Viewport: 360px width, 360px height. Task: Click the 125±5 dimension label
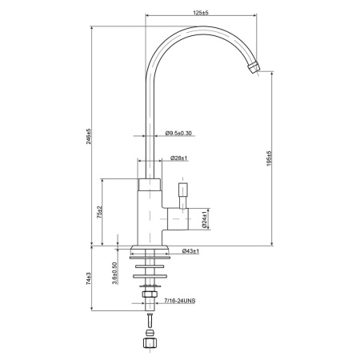click(x=200, y=13)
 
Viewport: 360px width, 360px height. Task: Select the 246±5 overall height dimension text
click(x=89, y=137)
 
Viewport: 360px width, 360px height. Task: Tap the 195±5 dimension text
click(x=269, y=158)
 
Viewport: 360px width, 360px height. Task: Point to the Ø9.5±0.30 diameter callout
click(x=178, y=133)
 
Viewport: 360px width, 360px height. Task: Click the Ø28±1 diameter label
click(x=178, y=158)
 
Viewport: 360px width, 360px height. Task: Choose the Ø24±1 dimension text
click(x=205, y=220)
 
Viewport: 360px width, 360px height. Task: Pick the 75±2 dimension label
click(x=99, y=212)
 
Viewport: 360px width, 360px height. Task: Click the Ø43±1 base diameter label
click(x=190, y=251)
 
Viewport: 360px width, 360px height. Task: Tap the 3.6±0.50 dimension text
click(x=114, y=274)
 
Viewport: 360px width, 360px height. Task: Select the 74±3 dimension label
click(x=89, y=278)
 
